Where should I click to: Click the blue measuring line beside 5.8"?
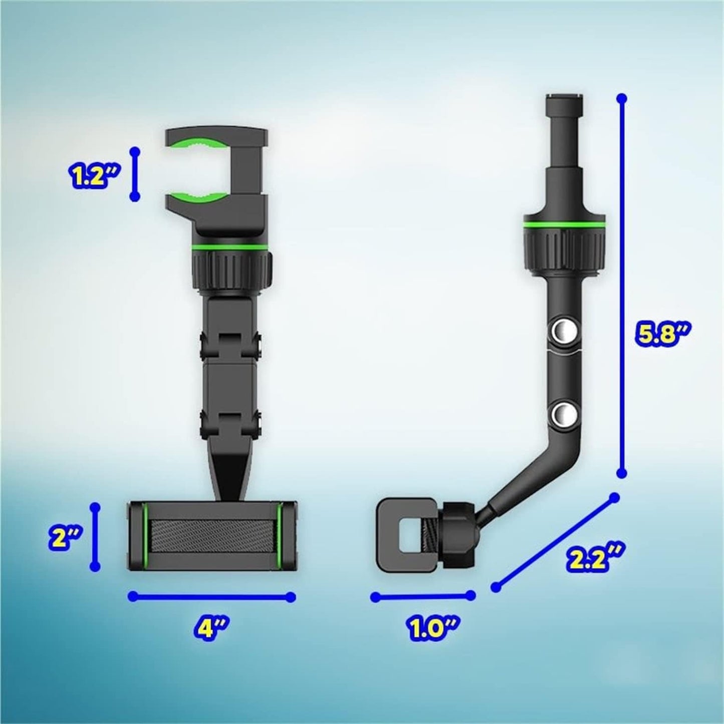[x=622, y=286]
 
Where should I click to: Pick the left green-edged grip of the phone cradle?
[x=138, y=536]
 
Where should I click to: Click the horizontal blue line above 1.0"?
[x=422, y=596]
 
